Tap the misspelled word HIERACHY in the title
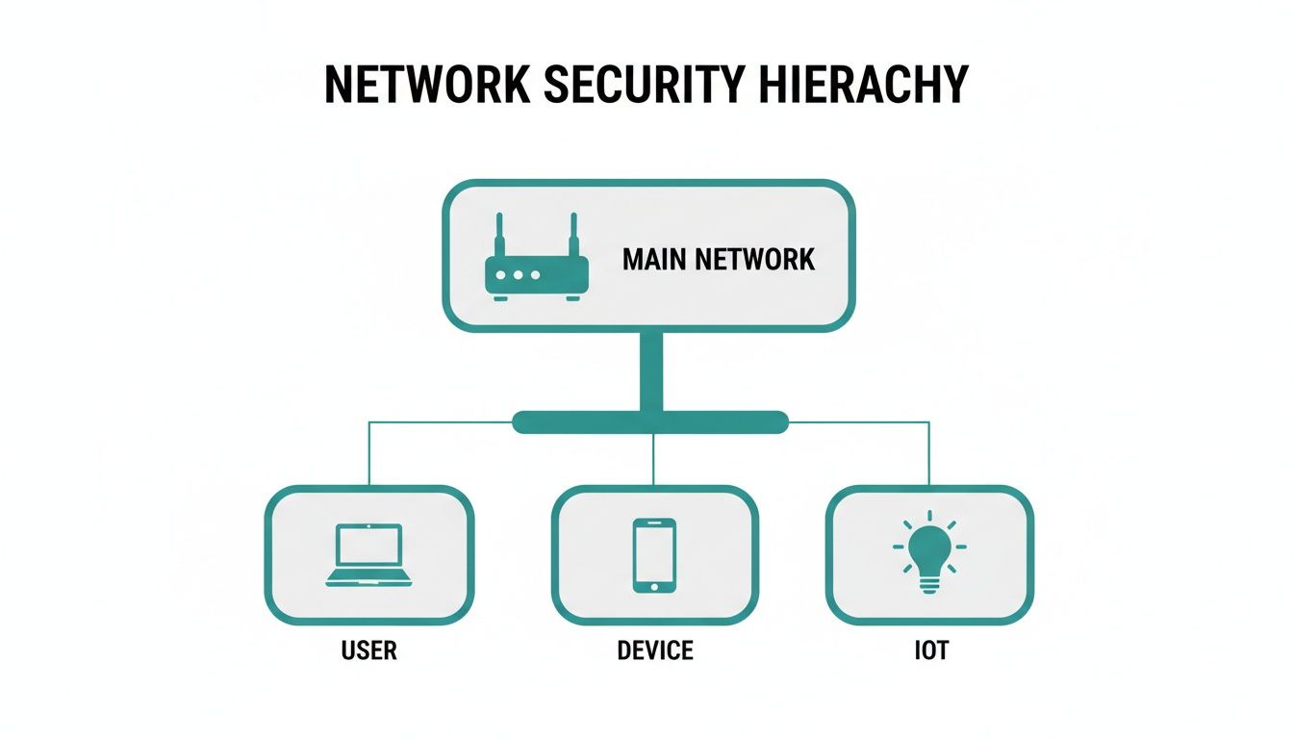pos(862,85)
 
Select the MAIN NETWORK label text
pos(718,259)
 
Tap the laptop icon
pos(368,555)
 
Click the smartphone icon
pos(654,555)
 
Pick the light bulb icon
pos(929,555)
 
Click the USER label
pos(368,651)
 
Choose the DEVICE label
pos(654,651)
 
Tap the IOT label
pos(930,651)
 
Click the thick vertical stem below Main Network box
pos(651,370)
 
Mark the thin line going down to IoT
pos(929,452)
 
